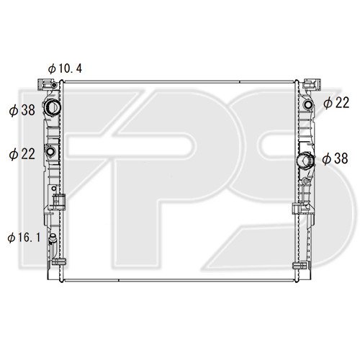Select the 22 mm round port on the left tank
52,151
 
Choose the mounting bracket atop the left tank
50,85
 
